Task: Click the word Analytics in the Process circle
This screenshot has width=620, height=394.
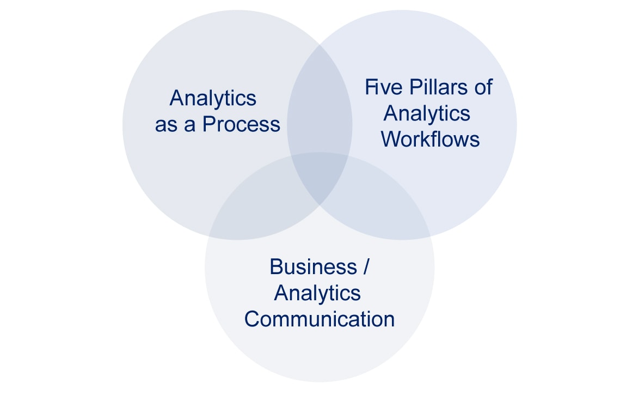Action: [213, 98]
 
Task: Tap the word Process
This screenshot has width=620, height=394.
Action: [241, 124]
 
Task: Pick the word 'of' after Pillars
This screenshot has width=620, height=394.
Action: [482, 87]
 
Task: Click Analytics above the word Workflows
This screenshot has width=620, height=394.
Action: [427, 113]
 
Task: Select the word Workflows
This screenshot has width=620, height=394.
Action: [430, 139]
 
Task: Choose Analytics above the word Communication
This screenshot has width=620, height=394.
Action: [317, 293]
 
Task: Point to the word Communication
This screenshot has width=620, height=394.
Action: [320, 319]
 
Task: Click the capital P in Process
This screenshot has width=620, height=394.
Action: [209, 124]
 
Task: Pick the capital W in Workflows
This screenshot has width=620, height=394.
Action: [390, 139]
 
